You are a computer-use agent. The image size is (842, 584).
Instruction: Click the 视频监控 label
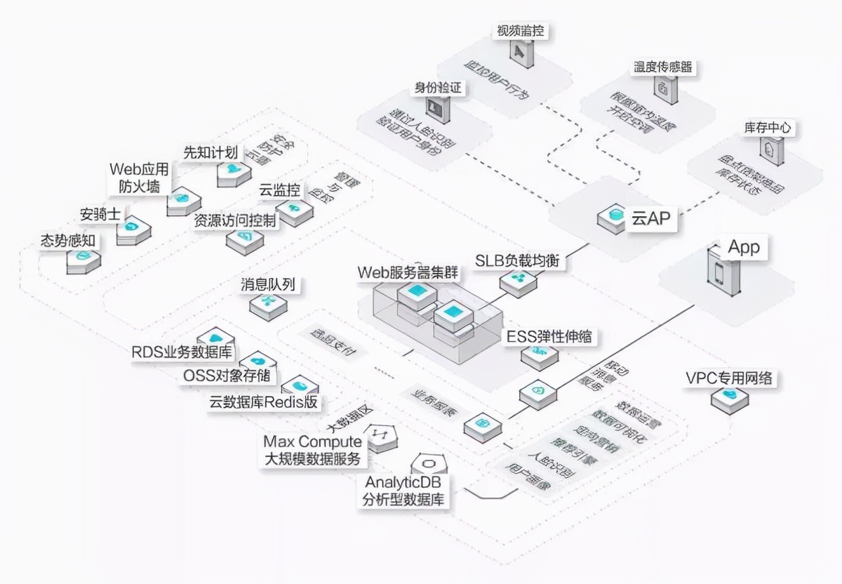(x=520, y=32)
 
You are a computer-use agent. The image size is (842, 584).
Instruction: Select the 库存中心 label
(x=767, y=128)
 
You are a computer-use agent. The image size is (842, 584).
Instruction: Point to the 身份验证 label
(x=440, y=88)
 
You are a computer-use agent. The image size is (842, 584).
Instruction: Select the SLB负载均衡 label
(x=519, y=260)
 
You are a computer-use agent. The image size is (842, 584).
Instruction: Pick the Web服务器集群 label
(x=408, y=272)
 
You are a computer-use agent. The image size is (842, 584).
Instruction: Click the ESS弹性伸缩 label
(x=549, y=336)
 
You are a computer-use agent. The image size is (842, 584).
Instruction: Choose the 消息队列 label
(x=267, y=284)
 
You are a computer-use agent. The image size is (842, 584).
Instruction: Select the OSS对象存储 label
(x=230, y=376)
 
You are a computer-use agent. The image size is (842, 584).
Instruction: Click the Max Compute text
(x=313, y=442)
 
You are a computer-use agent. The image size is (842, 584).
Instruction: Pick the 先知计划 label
(x=210, y=152)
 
